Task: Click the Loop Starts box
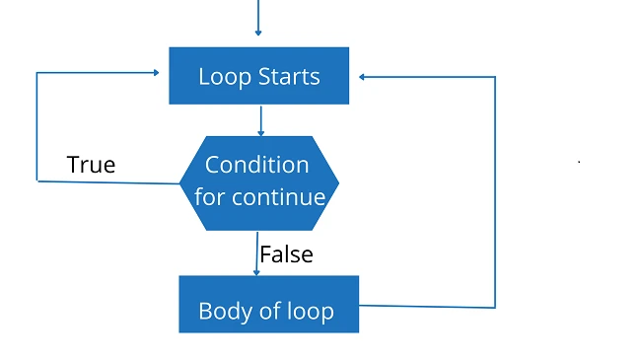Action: [x=258, y=76]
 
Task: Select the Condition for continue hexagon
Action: [x=259, y=181]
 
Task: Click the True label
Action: [x=91, y=165]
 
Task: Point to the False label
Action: [x=286, y=254]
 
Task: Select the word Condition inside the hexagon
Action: [x=256, y=165]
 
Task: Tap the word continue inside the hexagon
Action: [x=278, y=197]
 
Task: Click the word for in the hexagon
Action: [x=209, y=197]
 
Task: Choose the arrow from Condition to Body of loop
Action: [x=256, y=253]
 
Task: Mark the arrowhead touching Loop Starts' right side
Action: [x=363, y=76]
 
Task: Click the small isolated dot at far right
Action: [x=579, y=161]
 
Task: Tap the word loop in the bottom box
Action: [x=310, y=312]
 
